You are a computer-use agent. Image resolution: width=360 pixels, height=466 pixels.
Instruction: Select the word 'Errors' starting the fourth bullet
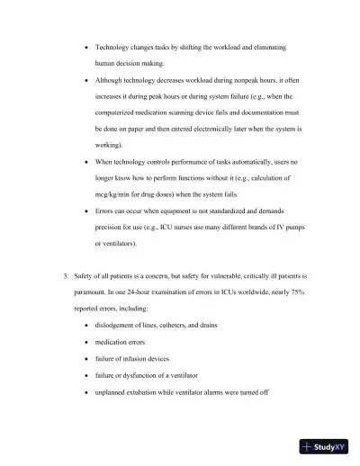tap(107, 210)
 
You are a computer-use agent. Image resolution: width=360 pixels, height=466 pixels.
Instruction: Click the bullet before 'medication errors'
tap(85, 342)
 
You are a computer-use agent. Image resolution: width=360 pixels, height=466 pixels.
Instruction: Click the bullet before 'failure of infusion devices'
tap(85, 359)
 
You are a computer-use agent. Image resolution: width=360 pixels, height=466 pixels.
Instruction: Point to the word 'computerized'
tap(120, 112)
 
